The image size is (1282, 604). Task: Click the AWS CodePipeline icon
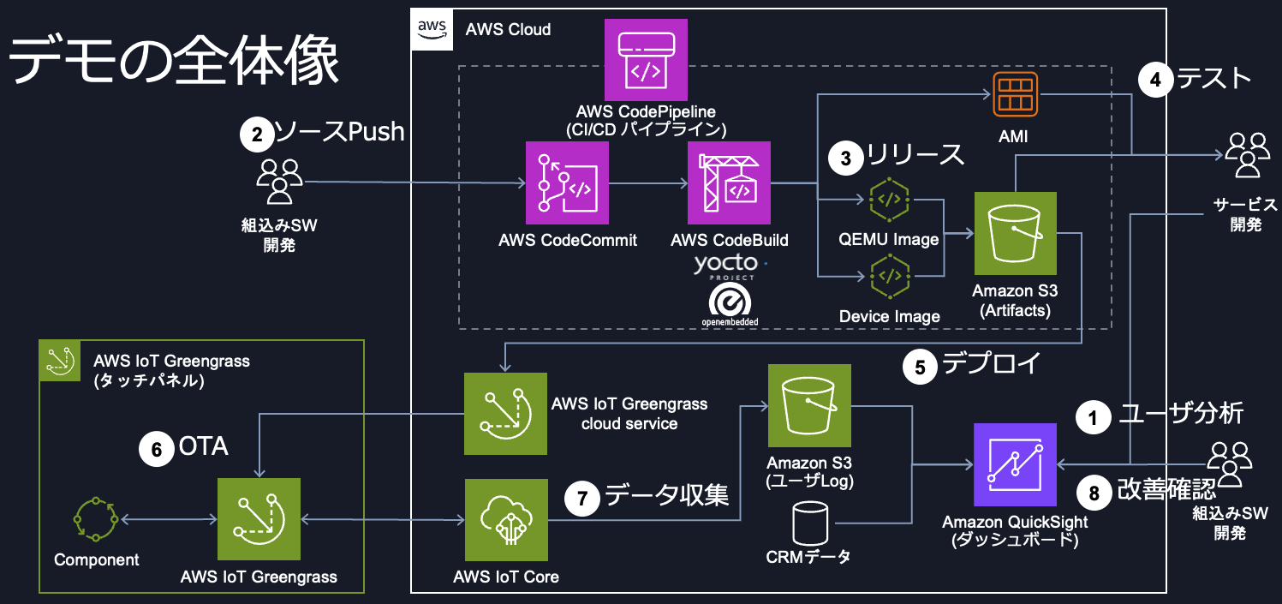(646, 60)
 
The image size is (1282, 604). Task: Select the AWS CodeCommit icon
(567, 183)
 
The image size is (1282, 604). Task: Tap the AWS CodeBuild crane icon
(729, 183)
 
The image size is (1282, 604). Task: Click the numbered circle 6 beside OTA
(157, 449)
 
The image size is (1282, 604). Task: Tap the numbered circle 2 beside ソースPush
(255, 133)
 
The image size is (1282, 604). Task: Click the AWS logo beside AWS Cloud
(432, 30)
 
